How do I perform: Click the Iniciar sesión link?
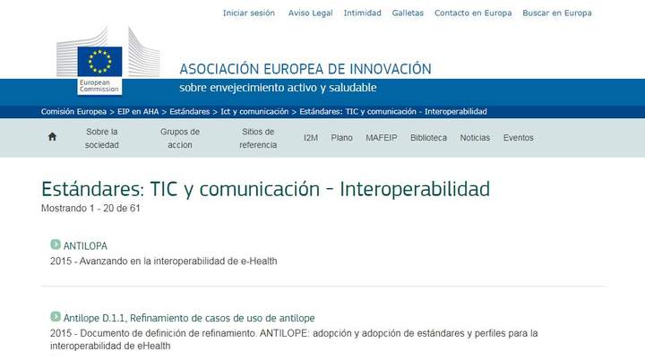[x=249, y=13]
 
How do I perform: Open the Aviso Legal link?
[x=310, y=13]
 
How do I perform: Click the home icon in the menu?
[x=52, y=138]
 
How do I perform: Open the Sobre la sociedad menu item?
[x=102, y=138]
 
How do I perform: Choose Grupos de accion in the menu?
[x=180, y=138]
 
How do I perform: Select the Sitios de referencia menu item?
[x=258, y=138]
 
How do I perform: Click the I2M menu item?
[x=311, y=138]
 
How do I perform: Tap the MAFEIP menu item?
[x=382, y=138]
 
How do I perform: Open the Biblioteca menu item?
[x=428, y=138]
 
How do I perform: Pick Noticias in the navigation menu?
[x=475, y=138]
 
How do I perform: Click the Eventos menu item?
[x=518, y=138]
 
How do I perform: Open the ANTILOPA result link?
[x=85, y=245]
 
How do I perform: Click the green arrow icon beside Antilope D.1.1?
[x=56, y=317]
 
